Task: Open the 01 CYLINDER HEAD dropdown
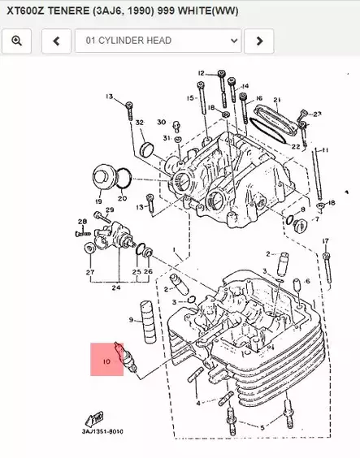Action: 158,40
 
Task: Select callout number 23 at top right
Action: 318,114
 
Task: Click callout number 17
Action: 325,241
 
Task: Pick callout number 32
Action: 140,123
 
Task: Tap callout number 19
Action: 98,201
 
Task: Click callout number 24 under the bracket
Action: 117,287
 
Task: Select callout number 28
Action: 82,222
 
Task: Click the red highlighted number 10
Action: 106,358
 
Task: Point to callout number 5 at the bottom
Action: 262,427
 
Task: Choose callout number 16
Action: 259,98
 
